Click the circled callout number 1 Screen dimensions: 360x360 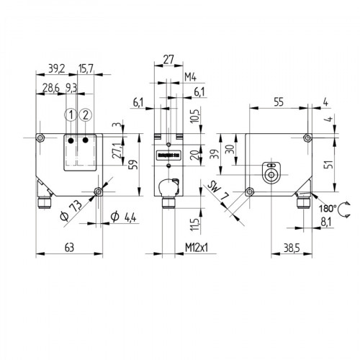(70, 115)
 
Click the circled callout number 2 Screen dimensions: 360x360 (86, 115)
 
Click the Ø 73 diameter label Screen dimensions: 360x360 (70, 211)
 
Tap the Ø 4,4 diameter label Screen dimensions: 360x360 (125, 217)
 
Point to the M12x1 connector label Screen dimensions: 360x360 (195, 248)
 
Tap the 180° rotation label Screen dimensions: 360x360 (328, 208)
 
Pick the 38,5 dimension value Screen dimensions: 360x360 (291, 248)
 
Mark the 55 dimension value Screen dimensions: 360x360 (278, 102)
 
